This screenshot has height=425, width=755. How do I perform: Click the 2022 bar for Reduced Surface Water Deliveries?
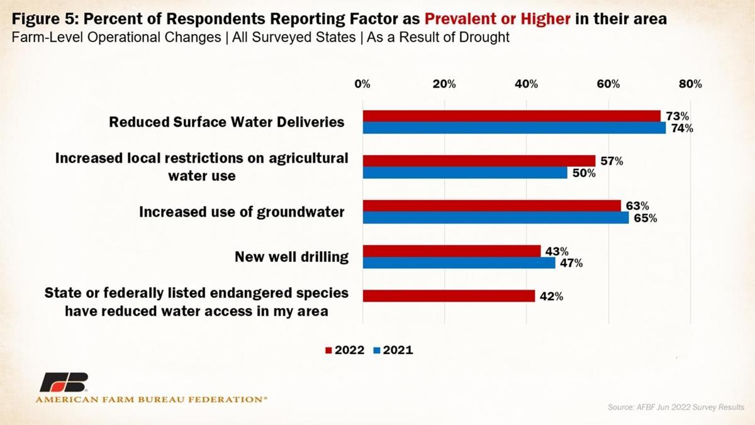coord(512,116)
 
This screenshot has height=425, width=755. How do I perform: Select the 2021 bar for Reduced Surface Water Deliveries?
coord(514,128)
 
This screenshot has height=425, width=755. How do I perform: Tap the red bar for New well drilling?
coord(452,251)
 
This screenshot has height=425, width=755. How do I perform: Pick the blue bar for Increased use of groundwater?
coord(496,218)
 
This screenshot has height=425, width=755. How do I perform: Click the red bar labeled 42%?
coord(449,296)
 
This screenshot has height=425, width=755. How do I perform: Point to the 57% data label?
coord(611,161)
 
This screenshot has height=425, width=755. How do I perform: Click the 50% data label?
coord(583,173)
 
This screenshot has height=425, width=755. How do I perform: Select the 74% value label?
coord(681,128)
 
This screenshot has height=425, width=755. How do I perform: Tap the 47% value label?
coord(571,263)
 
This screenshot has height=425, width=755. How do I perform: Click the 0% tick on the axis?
coord(362,84)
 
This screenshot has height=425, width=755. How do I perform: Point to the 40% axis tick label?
coord(526,84)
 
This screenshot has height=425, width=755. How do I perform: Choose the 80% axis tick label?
coord(690,84)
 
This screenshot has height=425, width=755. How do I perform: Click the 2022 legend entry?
coord(344,350)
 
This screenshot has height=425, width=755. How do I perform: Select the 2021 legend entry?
coord(393,350)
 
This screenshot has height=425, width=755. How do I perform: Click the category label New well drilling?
coord(291,257)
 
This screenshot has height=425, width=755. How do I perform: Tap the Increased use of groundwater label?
coord(242,212)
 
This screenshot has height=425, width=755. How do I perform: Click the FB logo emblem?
coord(64,383)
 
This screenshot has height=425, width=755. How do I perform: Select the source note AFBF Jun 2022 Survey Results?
coord(676,407)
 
